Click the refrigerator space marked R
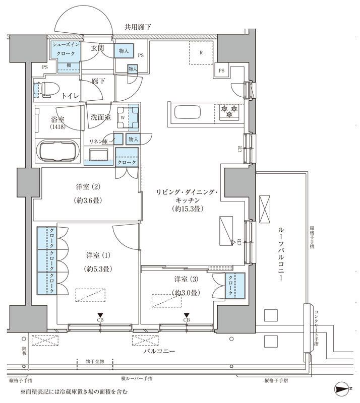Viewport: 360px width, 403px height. (x=201, y=52)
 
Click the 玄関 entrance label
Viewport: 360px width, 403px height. (x=97, y=48)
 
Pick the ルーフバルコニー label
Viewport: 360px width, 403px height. (x=281, y=252)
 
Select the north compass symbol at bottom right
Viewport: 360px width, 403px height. (x=343, y=389)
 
